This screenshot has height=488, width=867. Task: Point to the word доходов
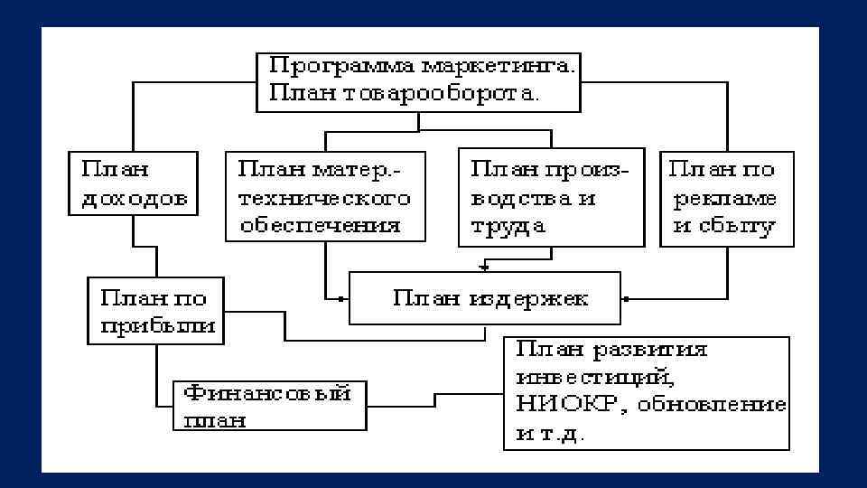135,198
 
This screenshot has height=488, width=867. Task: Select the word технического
324,198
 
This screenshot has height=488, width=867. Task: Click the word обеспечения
320,225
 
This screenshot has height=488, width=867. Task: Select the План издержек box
485,297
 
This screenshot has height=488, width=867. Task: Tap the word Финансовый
267,395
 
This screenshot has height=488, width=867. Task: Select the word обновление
713,405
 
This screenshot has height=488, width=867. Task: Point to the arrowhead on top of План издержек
485,267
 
